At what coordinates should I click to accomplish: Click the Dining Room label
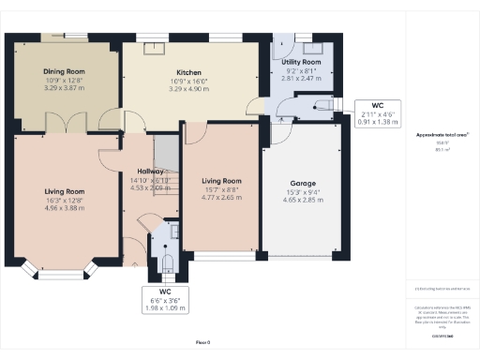[x=64, y=71]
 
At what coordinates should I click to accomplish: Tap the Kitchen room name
[x=190, y=71]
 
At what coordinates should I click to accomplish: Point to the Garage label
[x=301, y=184]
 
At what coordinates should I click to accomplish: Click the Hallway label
[x=150, y=172]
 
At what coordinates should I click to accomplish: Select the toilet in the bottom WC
[x=167, y=253]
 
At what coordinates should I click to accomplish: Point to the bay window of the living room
[x=64, y=271]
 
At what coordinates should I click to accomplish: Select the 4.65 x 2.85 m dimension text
[x=301, y=201]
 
